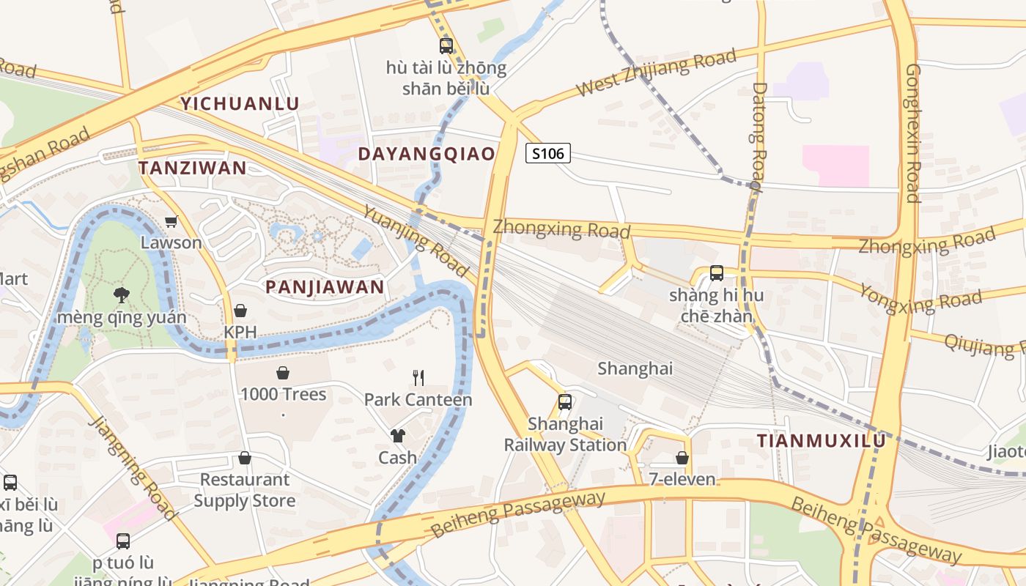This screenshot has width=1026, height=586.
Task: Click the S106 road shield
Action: (548, 153)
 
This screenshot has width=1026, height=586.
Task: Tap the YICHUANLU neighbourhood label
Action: (240, 103)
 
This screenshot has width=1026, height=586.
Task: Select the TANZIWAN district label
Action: (193, 168)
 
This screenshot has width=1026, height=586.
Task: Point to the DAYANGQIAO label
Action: (427, 154)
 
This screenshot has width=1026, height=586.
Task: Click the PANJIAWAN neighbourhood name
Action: (325, 287)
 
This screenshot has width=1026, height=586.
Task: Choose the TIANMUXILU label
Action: (821, 441)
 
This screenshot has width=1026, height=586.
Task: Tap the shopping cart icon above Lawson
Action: (171, 221)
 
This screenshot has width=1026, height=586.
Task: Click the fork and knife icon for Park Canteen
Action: (418, 378)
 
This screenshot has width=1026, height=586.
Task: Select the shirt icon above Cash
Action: (397, 436)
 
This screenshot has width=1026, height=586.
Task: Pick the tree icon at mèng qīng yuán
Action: (122, 295)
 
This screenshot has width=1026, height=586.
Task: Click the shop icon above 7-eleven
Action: (682, 458)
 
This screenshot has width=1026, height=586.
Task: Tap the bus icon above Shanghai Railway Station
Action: (564, 401)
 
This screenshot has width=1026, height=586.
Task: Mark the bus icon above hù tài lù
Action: (446, 46)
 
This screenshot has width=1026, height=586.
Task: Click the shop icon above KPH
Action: (240, 311)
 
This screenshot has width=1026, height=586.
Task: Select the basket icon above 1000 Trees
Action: (283, 373)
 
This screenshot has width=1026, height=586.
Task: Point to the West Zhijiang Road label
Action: (656, 73)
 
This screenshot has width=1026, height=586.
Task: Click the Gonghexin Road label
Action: (912, 133)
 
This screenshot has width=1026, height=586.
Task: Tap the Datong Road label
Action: (759, 136)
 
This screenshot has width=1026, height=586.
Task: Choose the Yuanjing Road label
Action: (416, 240)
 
